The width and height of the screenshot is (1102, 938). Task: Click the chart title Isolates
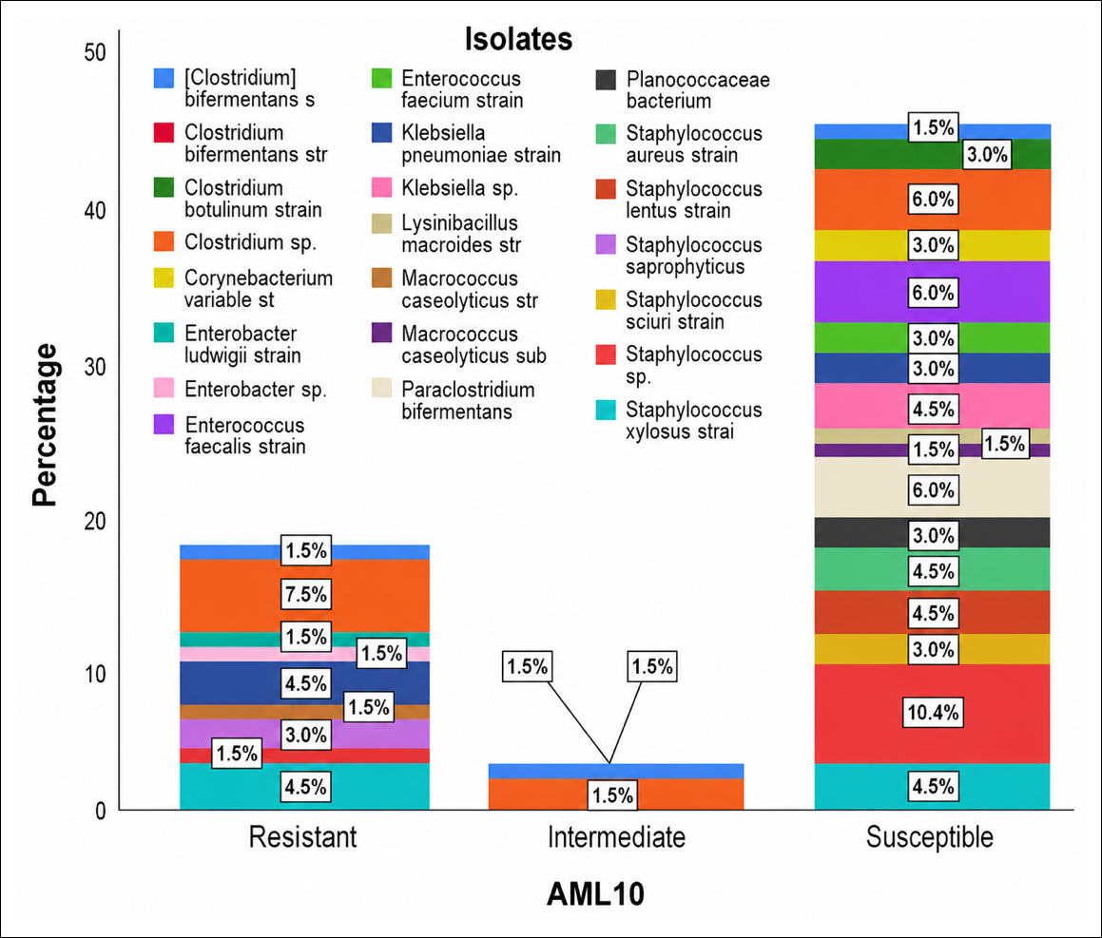518,39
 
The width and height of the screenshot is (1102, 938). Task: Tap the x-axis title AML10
595,893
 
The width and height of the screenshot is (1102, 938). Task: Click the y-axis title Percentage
45,425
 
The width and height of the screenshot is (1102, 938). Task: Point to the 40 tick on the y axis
95,210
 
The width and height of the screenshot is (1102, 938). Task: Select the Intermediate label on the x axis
616,837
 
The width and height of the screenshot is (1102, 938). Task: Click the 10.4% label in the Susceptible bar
933,713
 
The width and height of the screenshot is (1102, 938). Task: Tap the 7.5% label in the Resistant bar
306,594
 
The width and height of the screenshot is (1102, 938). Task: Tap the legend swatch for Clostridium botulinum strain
164,187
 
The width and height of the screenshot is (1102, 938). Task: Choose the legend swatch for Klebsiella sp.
381,187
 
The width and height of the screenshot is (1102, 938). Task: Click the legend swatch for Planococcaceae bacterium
606,80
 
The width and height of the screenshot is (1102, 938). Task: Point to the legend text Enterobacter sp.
256,390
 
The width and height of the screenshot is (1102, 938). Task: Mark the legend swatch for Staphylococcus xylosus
606,410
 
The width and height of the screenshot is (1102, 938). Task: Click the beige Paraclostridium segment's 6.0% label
933,489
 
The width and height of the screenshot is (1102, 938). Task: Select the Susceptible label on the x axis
930,837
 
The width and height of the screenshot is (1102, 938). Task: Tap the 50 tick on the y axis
95,52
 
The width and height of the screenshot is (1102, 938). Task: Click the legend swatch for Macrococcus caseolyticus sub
381,333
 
